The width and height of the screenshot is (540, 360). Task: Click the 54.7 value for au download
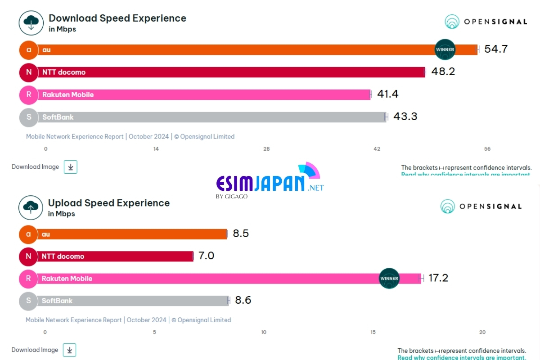tap(496, 49)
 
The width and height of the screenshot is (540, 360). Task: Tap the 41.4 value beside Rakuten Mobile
tap(387, 94)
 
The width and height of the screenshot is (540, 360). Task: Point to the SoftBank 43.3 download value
tap(405, 117)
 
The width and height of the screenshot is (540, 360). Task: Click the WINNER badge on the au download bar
tap(445, 49)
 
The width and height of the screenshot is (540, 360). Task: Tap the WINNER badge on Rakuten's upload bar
tap(389, 278)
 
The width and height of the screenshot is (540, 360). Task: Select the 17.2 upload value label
tap(438, 278)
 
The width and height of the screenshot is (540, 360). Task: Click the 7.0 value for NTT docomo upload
tap(206, 256)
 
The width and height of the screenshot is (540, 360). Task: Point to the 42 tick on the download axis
tap(377, 149)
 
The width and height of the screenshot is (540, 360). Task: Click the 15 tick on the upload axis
tap(373, 332)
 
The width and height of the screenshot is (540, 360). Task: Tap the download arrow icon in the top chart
tap(71, 166)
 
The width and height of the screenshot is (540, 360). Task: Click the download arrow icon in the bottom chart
tap(69, 350)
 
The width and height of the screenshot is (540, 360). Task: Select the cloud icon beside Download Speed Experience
tap(31, 22)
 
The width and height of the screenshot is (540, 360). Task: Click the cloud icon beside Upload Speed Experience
tap(31, 207)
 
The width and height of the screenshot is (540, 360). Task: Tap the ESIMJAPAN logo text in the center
tap(261, 184)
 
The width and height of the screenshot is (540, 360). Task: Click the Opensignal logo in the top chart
tap(486, 22)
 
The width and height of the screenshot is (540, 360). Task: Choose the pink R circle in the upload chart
tap(28, 279)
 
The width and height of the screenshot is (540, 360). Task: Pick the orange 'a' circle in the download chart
tap(29, 49)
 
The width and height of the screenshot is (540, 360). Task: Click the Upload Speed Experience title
tap(109, 203)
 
